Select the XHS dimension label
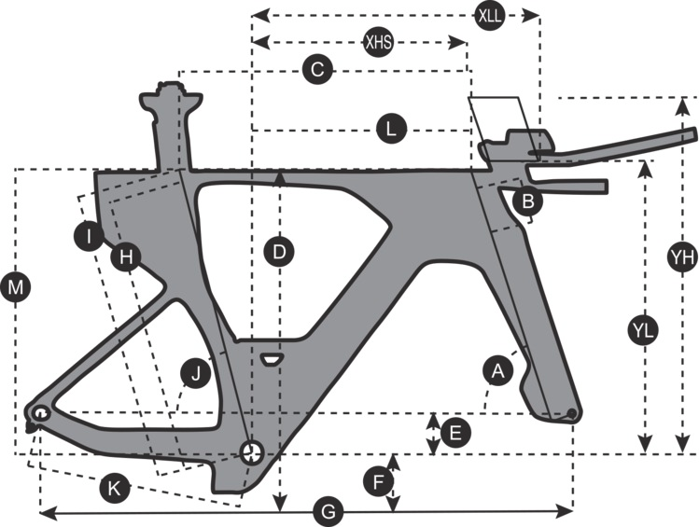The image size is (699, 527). coord(379,42)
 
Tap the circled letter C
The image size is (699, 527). coord(317,69)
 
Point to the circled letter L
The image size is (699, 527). coord(392,130)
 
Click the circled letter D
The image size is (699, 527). coord(278,250)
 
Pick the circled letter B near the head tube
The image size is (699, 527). coord(528,199)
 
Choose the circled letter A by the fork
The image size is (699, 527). coord(497,370)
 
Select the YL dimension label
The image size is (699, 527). coord(644,329)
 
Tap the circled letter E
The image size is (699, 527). coord(454,433)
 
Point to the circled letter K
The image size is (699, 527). coord(113,488)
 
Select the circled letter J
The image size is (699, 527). coord(195,375)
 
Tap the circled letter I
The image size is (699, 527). coord(89,236)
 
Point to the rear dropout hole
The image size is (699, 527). coord(41,413)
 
